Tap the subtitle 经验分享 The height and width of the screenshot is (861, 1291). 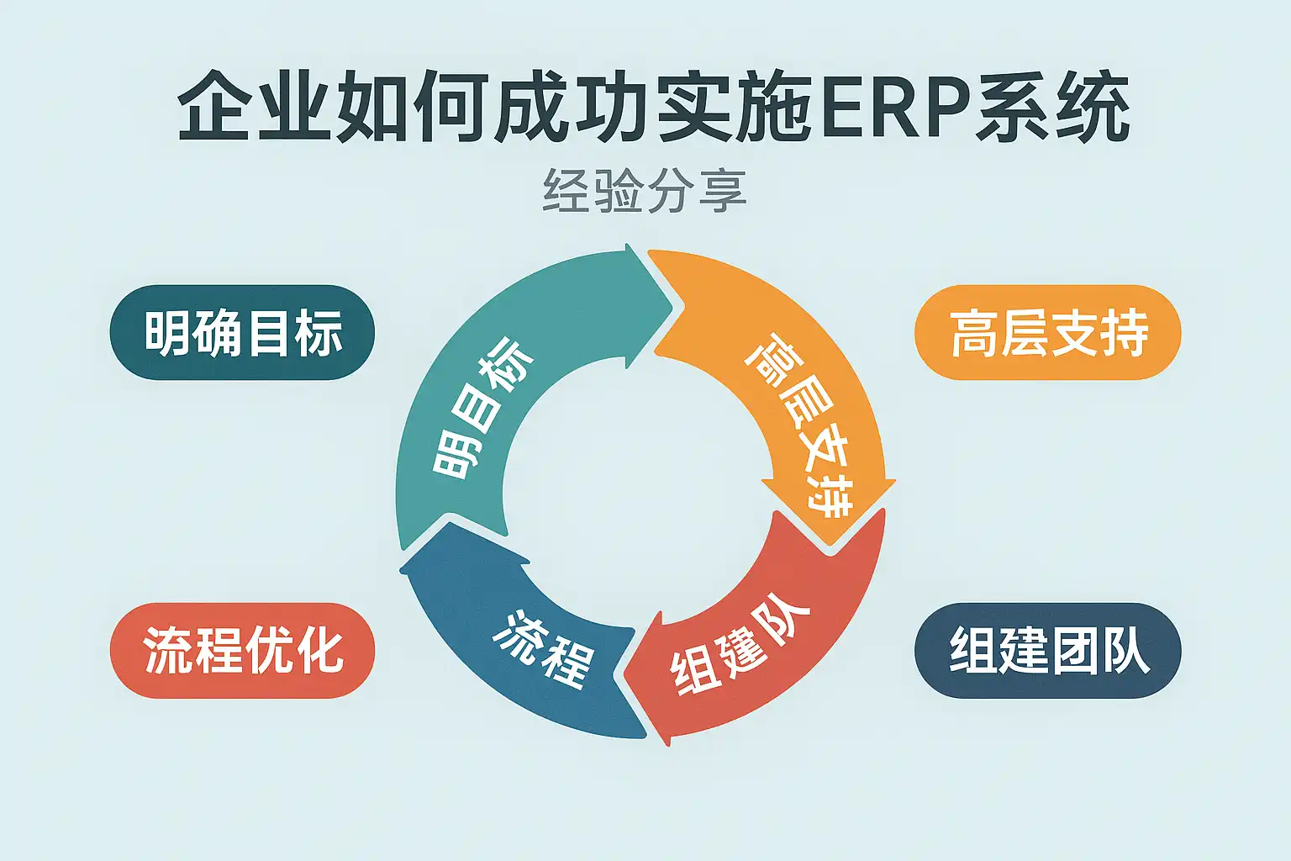(645, 192)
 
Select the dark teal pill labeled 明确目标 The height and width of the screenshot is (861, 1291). (242, 333)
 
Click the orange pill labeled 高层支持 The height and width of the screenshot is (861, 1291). (1048, 333)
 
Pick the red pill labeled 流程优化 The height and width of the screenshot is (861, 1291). (242, 650)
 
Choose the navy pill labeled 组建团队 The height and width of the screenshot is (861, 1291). (1048, 650)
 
